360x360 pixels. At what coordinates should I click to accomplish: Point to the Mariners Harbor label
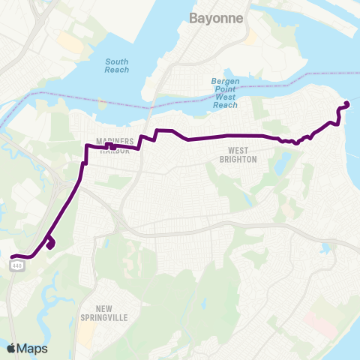click(x=115, y=145)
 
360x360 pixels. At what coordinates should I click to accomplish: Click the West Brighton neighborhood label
click(x=238, y=154)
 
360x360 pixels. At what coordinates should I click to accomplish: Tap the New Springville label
click(x=112, y=313)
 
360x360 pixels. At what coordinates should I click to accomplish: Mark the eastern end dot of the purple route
click(x=346, y=103)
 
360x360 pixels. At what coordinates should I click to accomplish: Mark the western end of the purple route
click(x=12, y=257)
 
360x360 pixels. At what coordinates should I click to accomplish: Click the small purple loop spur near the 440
click(x=50, y=243)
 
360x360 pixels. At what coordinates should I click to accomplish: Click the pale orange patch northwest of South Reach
click(x=71, y=43)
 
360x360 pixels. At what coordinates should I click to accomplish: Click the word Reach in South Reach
click(x=116, y=70)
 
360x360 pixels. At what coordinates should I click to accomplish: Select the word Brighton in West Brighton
click(x=238, y=160)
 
